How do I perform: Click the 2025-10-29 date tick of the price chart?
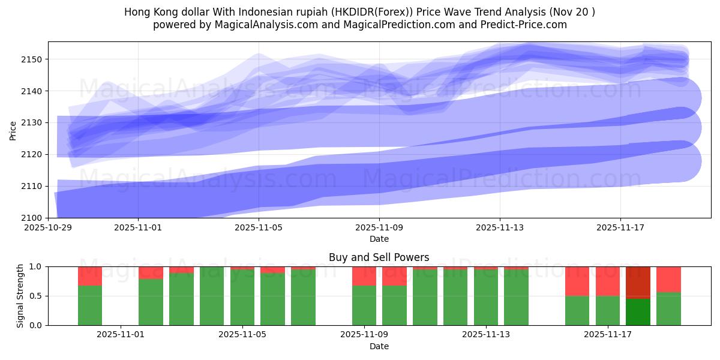(48, 228)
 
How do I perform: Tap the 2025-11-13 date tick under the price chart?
(500, 228)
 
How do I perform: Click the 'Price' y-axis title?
(13, 130)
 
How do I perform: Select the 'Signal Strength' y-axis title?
(21, 295)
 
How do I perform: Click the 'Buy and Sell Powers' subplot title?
(379, 257)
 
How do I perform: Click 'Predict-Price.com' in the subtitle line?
(520, 25)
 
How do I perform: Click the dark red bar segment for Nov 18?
(638, 282)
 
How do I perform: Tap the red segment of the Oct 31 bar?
(90, 275)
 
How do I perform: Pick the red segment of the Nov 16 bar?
(577, 281)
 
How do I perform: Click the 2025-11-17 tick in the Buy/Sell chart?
(608, 335)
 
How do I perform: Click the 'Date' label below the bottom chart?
(379, 346)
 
